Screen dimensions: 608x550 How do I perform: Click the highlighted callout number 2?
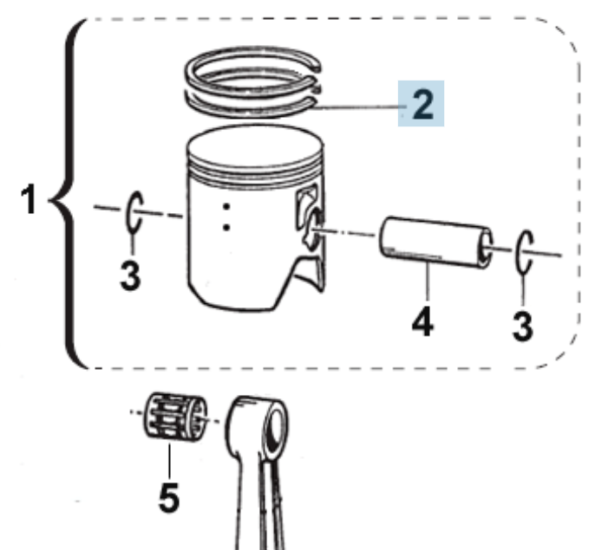(x=422, y=104)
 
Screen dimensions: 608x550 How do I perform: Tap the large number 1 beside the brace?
(x=29, y=199)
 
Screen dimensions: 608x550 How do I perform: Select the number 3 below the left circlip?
(x=130, y=275)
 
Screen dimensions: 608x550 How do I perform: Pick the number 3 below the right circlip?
(x=523, y=327)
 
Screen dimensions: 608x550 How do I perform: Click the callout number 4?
(x=422, y=321)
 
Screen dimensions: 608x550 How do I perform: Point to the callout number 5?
(x=169, y=497)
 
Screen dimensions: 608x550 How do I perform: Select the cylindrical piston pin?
(x=435, y=242)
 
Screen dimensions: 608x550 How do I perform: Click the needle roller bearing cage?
(x=175, y=417)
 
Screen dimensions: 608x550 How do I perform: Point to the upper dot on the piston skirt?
(x=226, y=207)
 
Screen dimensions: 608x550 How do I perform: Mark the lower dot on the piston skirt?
(x=226, y=227)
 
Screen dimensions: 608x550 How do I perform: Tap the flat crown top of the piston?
(x=255, y=146)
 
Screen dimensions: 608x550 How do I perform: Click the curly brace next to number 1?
(x=66, y=194)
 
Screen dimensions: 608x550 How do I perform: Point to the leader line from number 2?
(x=358, y=107)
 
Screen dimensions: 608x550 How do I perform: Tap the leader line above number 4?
(x=428, y=281)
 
